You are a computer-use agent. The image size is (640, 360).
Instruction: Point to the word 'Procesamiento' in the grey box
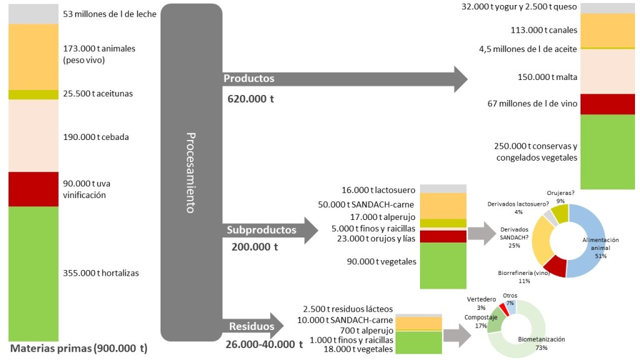point(191,172)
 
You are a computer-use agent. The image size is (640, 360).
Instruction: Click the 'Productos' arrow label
point(249,79)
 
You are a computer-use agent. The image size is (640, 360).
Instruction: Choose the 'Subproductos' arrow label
point(261,230)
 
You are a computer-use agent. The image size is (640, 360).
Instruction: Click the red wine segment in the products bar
point(607,104)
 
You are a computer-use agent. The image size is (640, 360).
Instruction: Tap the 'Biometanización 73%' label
point(541,342)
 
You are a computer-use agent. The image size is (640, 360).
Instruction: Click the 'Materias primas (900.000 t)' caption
point(78,349)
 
